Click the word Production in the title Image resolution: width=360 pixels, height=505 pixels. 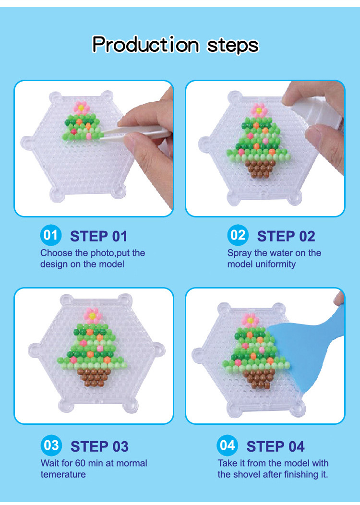tap(145, 44)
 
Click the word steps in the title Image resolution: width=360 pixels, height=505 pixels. tap(232, 46)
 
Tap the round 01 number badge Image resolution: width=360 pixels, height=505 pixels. tap(50, 235)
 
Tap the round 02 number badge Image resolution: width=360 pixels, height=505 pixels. tap(238, 235)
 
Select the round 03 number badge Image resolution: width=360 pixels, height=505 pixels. tap(51, 445)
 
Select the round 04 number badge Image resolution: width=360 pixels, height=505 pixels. tap(228, 445)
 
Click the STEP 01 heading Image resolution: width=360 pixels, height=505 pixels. tap(98, 236)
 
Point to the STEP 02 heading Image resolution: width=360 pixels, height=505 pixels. tap(286, 236)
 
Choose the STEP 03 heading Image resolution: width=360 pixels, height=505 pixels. tap(99, 447)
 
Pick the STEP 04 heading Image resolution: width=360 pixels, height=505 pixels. tap(276, 447)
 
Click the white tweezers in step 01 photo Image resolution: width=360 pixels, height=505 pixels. tap(135, 134)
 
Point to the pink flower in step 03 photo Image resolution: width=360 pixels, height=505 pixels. tap(93, 316)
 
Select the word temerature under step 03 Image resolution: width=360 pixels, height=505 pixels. tap(63, 474)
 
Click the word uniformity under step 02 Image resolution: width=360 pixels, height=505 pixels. tap(276, 265)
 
